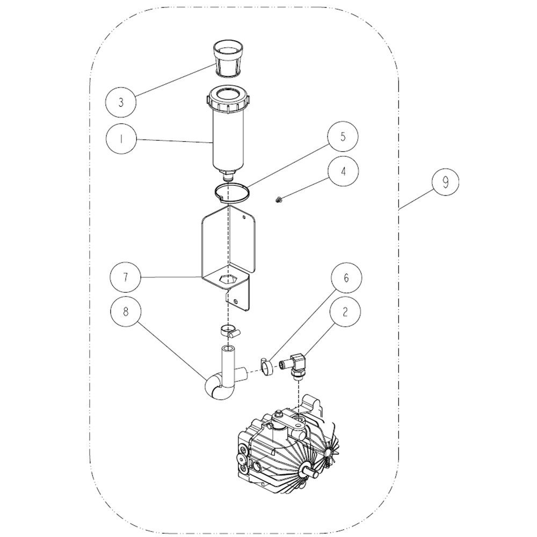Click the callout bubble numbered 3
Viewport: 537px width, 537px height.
121,103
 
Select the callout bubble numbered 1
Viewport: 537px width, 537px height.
121,140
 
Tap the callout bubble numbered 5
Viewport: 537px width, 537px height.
343,137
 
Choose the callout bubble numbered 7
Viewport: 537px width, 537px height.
125,277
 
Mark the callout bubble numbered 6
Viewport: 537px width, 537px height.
346,278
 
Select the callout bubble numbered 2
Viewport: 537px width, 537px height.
345,312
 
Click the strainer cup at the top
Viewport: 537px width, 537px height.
227,58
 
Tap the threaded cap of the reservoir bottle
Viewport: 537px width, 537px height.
227,99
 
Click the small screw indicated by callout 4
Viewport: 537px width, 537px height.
278,199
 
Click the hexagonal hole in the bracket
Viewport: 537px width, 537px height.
228,279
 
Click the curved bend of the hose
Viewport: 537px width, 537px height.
213,390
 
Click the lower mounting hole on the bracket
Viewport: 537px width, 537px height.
236,301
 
